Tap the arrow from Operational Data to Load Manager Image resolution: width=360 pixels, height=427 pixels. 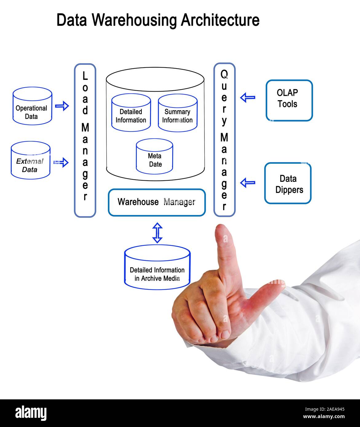coord(62,106)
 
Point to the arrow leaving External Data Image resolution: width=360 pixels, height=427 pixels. coord(61,162)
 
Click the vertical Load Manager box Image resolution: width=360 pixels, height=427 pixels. coord(85,140)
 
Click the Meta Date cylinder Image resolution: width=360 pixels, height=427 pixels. coord(155,157)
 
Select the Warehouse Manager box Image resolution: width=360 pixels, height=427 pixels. coord(156,202)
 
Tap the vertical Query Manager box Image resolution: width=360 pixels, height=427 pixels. coord(224,140)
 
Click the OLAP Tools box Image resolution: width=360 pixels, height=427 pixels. coord(289,100)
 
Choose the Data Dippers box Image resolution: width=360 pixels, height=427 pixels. coord(288,183)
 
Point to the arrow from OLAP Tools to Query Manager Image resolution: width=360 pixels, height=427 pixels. coord(248,98)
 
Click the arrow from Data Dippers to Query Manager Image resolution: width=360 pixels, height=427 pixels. coord(248,183)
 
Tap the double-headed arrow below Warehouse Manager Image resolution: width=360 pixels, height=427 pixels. coord(157,233)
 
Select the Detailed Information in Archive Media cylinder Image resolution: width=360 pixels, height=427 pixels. coord(157,268)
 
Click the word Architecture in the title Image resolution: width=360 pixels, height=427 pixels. coord(220,20)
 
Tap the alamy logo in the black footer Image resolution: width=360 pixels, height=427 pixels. coord(31,413)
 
